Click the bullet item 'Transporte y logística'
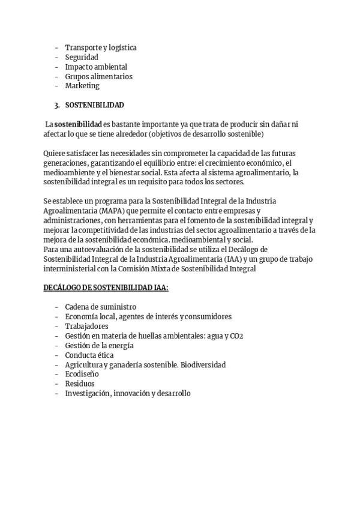[101, 47]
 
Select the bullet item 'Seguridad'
[82, 57]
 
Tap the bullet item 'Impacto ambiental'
[96, 67]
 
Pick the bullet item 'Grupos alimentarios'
[98, 76]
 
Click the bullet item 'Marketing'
[82, 86]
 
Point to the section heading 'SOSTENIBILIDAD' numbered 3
[94, 105]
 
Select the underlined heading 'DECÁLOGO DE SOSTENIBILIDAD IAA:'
[106, 288]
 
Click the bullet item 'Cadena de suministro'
[100, 307]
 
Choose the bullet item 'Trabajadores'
[86, 326]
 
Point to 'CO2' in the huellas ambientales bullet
[253, 336]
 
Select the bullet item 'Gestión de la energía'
[99, 345]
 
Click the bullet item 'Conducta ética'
[89, 355]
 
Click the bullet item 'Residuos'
[80, 384]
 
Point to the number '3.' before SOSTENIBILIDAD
[57, 105]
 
